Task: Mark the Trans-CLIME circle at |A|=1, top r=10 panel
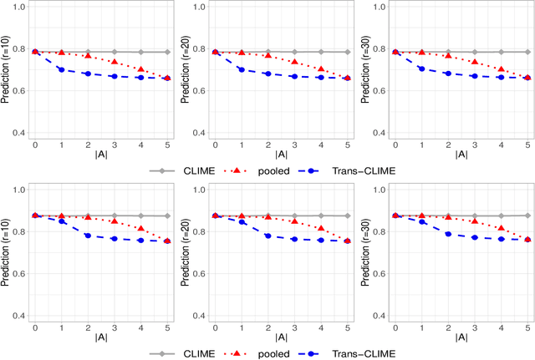point(61,69)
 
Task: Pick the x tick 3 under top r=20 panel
point(294,144)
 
